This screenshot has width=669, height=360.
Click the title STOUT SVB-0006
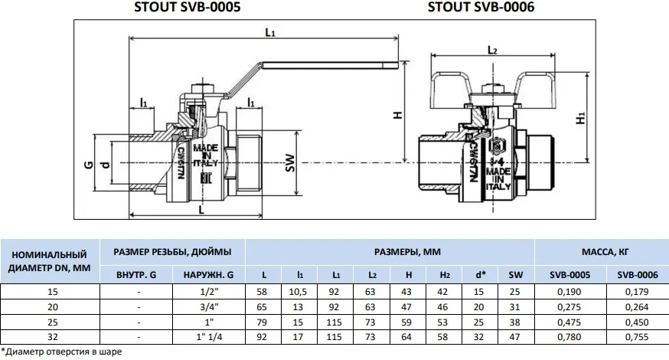point(481,8)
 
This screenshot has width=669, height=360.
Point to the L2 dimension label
point(493,51)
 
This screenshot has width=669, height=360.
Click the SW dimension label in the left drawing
point(290,163)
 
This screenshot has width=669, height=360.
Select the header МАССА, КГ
point(600,251)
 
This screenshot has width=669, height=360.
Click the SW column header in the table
point(515,274)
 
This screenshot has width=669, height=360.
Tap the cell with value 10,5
point(300,291)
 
